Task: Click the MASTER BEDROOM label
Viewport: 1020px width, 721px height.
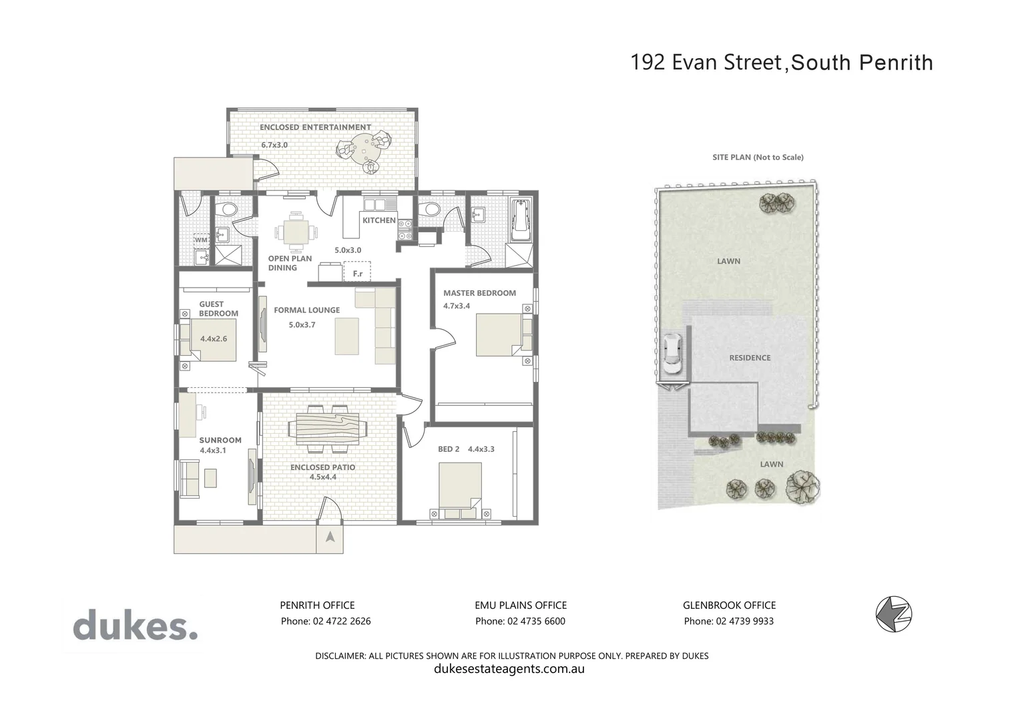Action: click(x=479, y=293)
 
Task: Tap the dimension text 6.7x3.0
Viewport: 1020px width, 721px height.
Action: click(x=274, y=145)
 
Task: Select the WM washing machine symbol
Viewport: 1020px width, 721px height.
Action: click(x=201, y=240)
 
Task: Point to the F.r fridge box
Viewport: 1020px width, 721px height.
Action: click(x=357, y=273)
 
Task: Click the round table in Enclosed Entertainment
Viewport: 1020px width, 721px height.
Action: click(x=363, y=146)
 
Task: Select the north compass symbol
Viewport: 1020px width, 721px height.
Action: click(x=894, y=614)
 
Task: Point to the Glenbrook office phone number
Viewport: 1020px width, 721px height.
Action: click(x=729, y=622)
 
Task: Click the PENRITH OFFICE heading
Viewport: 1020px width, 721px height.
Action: click(x=317, y=606)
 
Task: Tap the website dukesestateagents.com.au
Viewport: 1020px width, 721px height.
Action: click(x=509, y=669)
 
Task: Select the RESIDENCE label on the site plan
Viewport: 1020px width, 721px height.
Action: click(x=750, y=358)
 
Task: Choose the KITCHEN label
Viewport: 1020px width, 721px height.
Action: click(x=379, y=220)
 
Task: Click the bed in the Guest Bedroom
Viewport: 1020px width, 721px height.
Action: click(x=212, y=340)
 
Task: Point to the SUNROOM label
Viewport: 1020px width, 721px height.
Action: click(x=220, y=441)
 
